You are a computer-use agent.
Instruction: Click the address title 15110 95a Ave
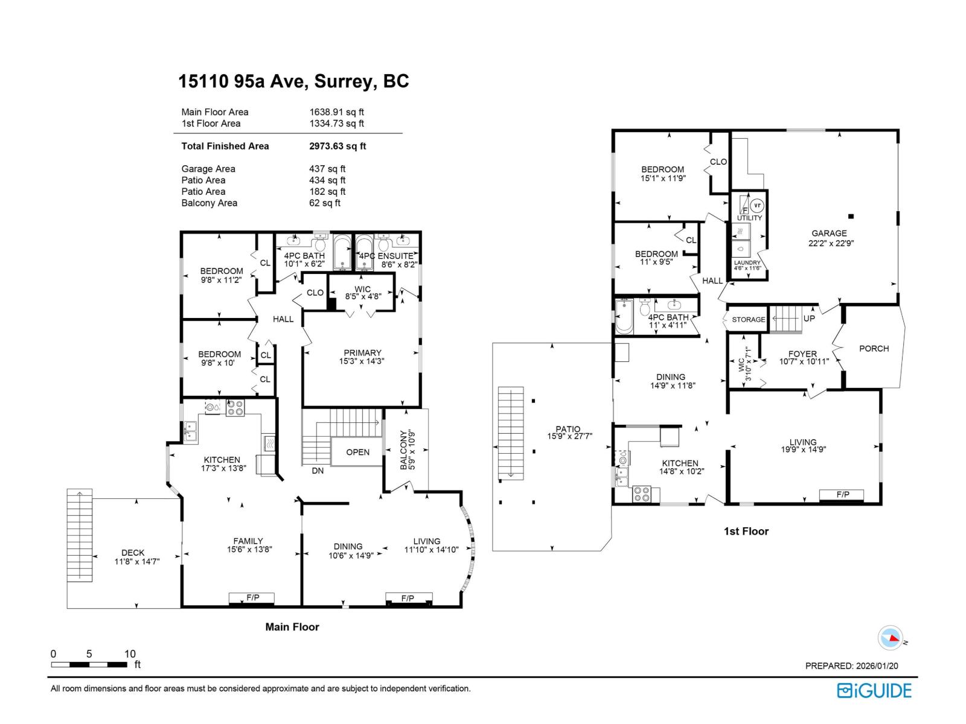tap(293, 81)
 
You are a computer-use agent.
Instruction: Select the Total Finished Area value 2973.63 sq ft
tap(337, 146)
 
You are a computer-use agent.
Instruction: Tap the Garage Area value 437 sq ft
tap(327, 169)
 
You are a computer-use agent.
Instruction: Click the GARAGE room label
tap(829, 233)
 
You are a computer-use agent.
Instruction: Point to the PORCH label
tap(874, 349)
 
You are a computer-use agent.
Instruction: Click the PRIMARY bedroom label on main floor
tap(362, 353)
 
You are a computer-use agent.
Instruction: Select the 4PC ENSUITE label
tap(386, 256)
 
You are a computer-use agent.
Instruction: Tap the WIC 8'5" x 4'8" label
tap(362, 293)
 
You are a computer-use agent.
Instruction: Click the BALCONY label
tap(405, 449)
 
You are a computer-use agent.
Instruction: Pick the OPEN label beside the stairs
tap(357, 453)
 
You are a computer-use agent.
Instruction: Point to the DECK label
tap(133, 553)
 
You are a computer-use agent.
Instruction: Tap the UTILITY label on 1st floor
tap(749, 218)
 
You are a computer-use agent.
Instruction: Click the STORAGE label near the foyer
tap(748, 320)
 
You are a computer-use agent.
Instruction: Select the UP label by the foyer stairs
tap(809, 319)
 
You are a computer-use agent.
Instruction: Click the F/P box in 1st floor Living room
tap(842, 495)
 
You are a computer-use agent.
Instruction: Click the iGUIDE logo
tap(874, 690)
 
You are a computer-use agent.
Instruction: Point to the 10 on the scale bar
tap(130, 654)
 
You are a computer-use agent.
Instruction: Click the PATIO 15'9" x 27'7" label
tap(568, 433)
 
